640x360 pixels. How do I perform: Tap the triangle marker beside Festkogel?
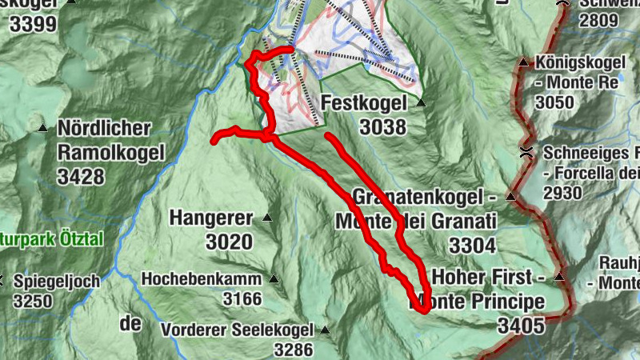[x=422, y=103]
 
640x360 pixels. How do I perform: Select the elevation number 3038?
[x=382, y=126]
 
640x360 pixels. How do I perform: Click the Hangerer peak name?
[x=210, y=218]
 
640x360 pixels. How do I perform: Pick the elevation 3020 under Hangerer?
[x=230, y=242]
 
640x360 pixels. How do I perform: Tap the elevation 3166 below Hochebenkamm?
[x=242, y=299]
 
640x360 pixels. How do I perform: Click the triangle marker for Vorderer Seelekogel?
[x=325, y=329]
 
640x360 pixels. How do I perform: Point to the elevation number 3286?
[x=293, y=349]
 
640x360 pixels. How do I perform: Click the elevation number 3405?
[x=520, y=325]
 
